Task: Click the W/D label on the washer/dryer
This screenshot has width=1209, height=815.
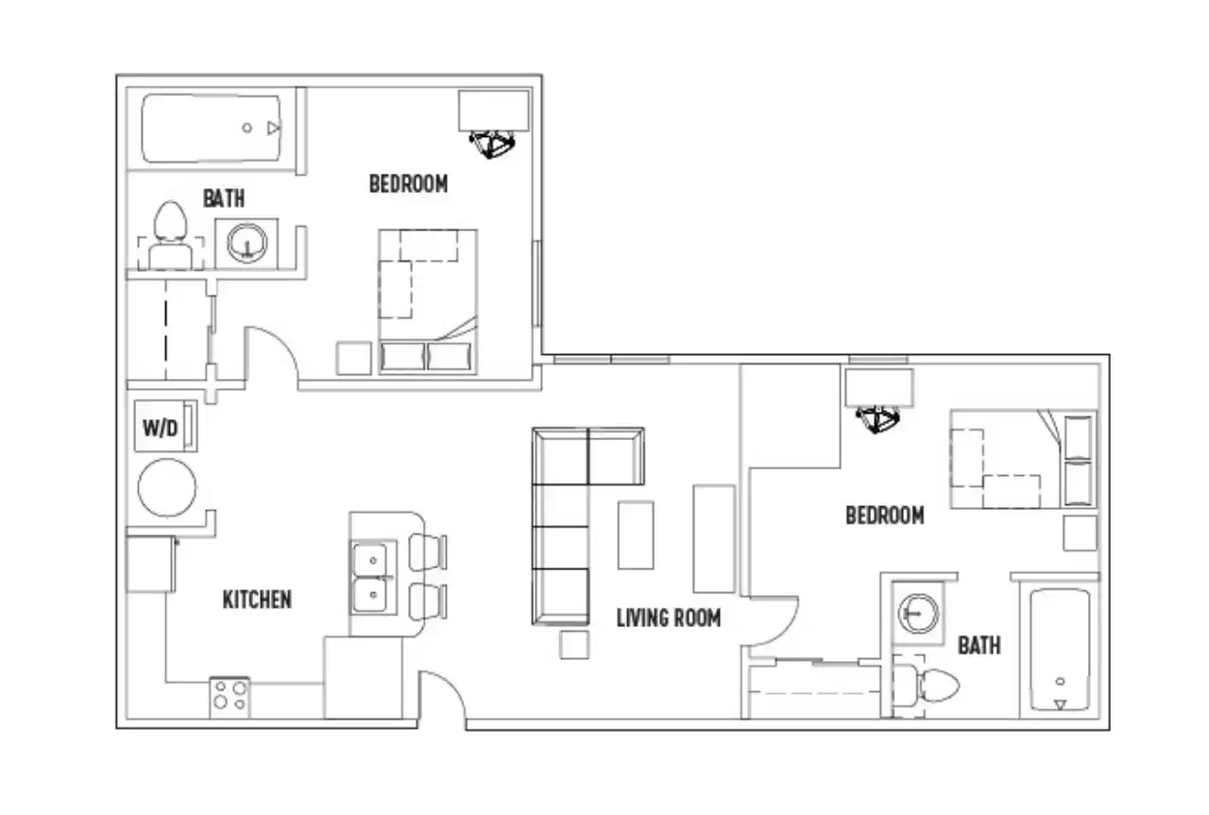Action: (161, 428)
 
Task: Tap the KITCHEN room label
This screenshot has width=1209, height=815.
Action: (257, 599)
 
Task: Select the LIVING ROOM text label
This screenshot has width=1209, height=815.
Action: (668, 619)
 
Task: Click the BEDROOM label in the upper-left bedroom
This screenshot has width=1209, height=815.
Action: (408, 183)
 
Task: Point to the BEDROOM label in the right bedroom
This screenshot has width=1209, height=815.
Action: (884, 516)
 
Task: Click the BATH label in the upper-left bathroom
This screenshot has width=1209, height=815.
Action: (224, 198)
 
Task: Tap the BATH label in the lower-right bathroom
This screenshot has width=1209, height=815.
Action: (979, 646)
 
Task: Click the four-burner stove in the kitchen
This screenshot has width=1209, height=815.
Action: (230, 697)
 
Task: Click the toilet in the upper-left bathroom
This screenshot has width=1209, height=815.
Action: (171, 231)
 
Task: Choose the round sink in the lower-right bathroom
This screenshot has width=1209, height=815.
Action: (915, 613)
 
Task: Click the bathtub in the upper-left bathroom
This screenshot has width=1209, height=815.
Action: (213, 127)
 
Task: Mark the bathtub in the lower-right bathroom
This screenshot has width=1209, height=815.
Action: (1060, 651)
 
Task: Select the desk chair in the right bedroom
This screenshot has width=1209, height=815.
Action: (878, 420)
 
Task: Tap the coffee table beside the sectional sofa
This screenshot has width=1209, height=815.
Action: (636, 535)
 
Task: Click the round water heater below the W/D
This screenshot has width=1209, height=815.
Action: (167, 488)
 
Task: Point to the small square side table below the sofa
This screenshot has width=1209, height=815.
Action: (574, 645)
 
